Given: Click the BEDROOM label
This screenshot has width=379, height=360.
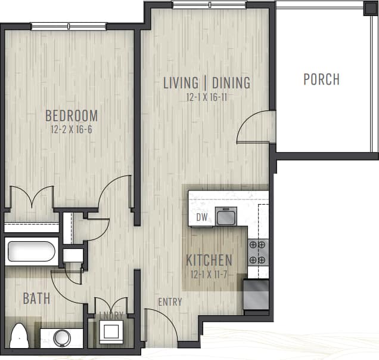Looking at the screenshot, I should (71, 115).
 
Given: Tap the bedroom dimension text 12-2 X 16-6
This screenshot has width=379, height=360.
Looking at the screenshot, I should (72, 128).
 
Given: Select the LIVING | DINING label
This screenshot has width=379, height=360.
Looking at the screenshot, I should (206, 83).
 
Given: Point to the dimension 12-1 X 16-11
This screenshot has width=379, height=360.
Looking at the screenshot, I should (207, 96).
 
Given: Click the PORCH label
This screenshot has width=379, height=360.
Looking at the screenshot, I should (321, 79).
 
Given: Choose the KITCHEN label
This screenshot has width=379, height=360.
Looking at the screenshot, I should (209, 260).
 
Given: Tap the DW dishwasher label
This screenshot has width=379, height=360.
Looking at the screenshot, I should (202, 217).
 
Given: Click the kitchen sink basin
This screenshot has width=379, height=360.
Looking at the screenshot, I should (226, 216).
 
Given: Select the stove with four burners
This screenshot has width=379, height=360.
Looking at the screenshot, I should (257, 253).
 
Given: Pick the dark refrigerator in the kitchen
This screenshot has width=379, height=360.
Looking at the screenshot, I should (256, 294).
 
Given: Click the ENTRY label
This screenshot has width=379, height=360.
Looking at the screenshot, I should (170, 302).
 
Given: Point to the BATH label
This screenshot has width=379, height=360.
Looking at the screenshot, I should (36, 299).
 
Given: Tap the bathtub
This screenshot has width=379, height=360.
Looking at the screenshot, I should (32, 251).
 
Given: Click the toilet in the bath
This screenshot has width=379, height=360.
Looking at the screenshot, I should (20, 336).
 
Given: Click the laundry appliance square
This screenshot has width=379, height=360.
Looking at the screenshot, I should (111, 331).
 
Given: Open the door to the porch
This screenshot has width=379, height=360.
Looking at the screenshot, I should (255, 127).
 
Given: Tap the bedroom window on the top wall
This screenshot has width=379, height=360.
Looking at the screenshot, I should (69, 26).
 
